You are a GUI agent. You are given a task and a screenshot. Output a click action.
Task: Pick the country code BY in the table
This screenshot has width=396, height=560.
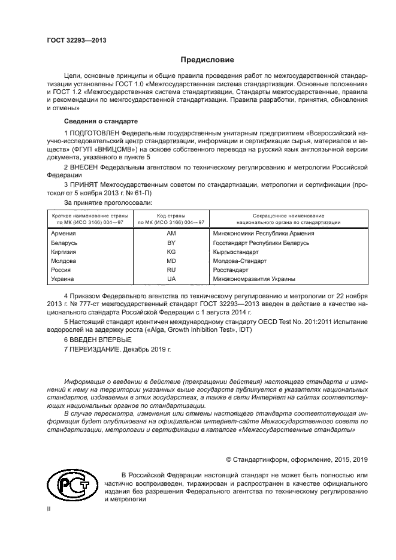171,243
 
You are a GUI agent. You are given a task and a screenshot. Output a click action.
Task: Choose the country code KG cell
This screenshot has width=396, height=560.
171,252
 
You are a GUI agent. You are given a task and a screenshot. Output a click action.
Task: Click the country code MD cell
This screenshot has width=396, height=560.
171,261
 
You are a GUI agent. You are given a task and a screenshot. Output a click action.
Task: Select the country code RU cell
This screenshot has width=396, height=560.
171,270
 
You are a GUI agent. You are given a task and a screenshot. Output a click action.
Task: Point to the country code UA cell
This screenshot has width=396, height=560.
171,279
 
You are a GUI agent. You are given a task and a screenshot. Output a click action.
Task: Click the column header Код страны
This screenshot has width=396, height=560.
171,215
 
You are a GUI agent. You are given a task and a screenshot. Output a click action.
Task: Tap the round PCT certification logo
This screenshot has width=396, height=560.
72,485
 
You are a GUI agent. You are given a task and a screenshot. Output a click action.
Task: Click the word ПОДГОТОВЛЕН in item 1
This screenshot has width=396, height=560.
94,132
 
